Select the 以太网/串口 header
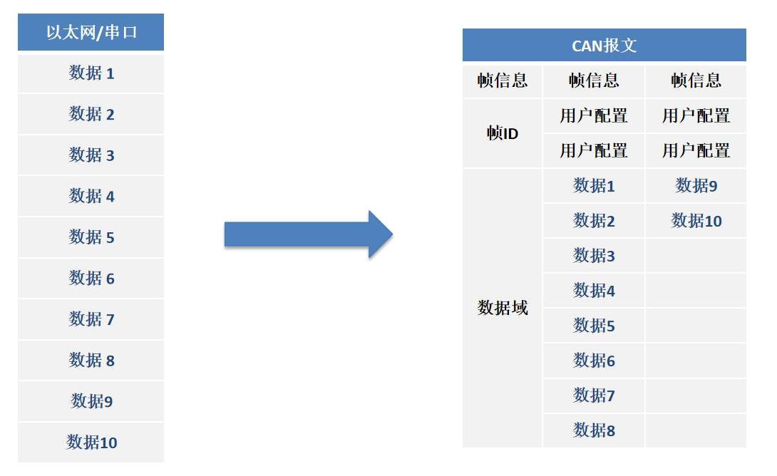[91, 32]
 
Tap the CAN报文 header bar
[604, 46]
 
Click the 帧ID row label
[503, 133]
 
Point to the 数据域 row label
[503, 308]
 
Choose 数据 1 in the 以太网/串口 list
[91, 73]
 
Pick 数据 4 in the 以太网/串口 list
[91, 196]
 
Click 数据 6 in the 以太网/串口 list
[91, 279]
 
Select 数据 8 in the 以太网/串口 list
[91, 361]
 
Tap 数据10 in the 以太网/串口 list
[91, 443]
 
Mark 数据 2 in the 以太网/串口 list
[91, 114]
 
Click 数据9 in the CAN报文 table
[696, 186]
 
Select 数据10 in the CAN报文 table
[696, 221]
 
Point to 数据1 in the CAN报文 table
[594, 186]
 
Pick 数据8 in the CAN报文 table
[594, 430]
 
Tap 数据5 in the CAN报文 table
[594, 326]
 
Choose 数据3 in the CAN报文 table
[594, 256]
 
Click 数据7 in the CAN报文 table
[594, 395]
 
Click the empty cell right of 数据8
[696, 430]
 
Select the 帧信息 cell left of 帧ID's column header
[503, 81]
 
